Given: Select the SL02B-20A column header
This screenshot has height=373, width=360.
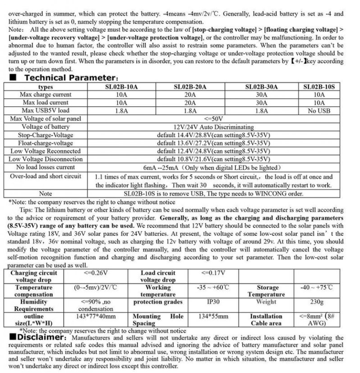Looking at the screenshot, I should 189,87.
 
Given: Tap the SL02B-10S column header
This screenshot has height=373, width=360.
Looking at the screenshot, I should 320,87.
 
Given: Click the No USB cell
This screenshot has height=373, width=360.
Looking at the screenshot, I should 319,111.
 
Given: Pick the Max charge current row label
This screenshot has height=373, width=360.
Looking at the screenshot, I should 45,95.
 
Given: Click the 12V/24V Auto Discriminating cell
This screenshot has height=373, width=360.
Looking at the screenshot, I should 214,127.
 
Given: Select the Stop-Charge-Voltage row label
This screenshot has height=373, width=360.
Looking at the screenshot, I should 45,135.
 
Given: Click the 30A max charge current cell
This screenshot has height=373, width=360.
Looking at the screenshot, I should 261,95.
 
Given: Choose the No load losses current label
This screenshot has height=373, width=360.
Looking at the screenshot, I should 46,167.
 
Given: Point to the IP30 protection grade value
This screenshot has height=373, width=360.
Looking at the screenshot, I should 214,302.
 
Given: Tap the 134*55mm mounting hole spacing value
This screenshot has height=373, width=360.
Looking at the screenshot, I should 213,317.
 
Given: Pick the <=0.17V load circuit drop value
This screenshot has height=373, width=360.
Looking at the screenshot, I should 214,273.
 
